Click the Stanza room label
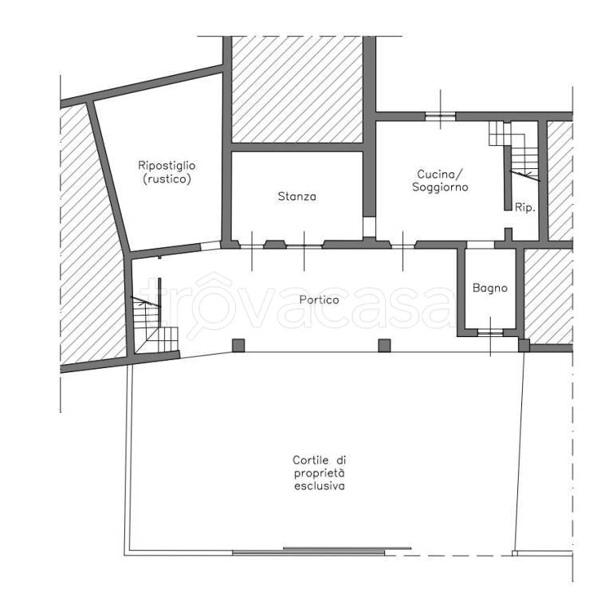297,196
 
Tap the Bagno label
490,288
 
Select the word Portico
319,300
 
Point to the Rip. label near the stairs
524,207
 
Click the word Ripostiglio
167,166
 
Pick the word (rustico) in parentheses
167,179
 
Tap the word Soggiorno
440,187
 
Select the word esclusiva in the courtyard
320,486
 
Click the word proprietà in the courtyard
320,473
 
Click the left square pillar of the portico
238,345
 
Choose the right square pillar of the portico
385,345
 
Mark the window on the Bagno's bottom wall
490,332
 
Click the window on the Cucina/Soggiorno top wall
441,116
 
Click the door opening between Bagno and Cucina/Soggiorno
481,245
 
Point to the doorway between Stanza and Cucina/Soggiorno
369,227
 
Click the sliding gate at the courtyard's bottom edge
321,551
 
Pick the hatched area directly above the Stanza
297,89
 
